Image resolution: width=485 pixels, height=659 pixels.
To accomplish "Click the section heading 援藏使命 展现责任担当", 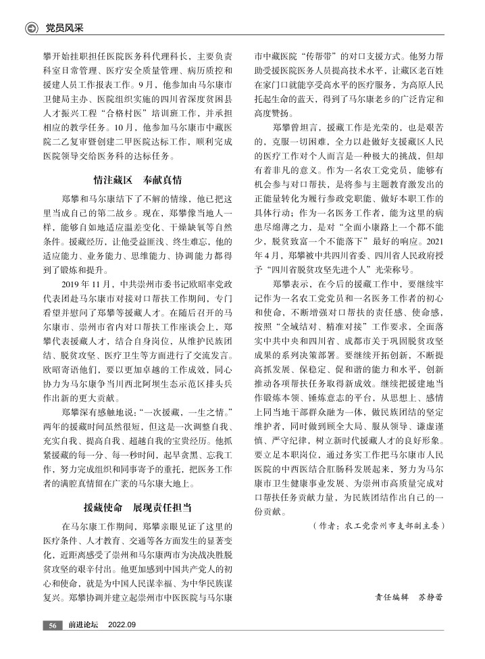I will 137,508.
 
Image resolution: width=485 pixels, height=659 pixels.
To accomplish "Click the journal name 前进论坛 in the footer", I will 83,625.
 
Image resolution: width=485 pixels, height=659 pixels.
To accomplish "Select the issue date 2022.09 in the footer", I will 122,625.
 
